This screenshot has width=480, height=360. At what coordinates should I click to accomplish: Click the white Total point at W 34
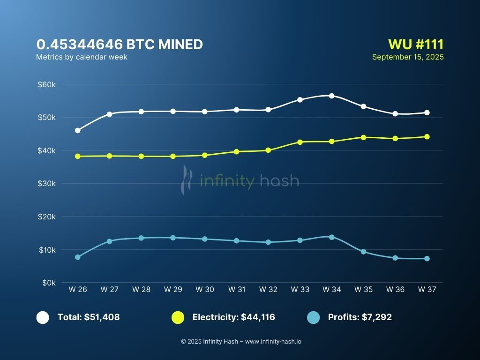coord(331,96)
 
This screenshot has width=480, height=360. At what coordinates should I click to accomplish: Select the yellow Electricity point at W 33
coord(300,142)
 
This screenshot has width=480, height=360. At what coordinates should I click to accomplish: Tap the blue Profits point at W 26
coord(78,257)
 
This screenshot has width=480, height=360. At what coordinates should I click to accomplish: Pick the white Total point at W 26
coord(78,130)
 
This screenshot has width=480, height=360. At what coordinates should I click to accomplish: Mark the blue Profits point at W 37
coord(427,258)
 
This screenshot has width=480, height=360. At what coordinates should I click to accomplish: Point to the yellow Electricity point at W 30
coord(205,155)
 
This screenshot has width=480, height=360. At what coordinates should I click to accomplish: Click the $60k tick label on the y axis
coord(47,84)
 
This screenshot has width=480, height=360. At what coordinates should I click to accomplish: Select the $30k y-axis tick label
coord(47,184)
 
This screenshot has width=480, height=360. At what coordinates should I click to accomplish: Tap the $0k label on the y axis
coord(49,283)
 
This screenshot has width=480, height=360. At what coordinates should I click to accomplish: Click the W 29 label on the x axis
coord(173,290)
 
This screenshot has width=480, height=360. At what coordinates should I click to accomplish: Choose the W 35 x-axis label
coord(363,290)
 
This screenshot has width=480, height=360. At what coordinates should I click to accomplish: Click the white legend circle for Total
coord(43,317)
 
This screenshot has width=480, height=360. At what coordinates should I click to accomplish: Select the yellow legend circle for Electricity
coord(178,317)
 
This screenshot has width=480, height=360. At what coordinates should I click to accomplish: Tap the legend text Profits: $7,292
coord(360,317)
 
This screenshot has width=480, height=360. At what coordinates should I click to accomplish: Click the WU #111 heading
coord(416,45)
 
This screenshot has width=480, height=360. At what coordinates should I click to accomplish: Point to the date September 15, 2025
coord(408,57)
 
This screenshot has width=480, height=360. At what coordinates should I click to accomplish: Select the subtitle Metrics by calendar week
coord(82,57)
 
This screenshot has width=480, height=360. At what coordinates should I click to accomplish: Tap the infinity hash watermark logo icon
coord(187,180)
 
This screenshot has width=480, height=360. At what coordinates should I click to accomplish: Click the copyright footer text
coord(241,342)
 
